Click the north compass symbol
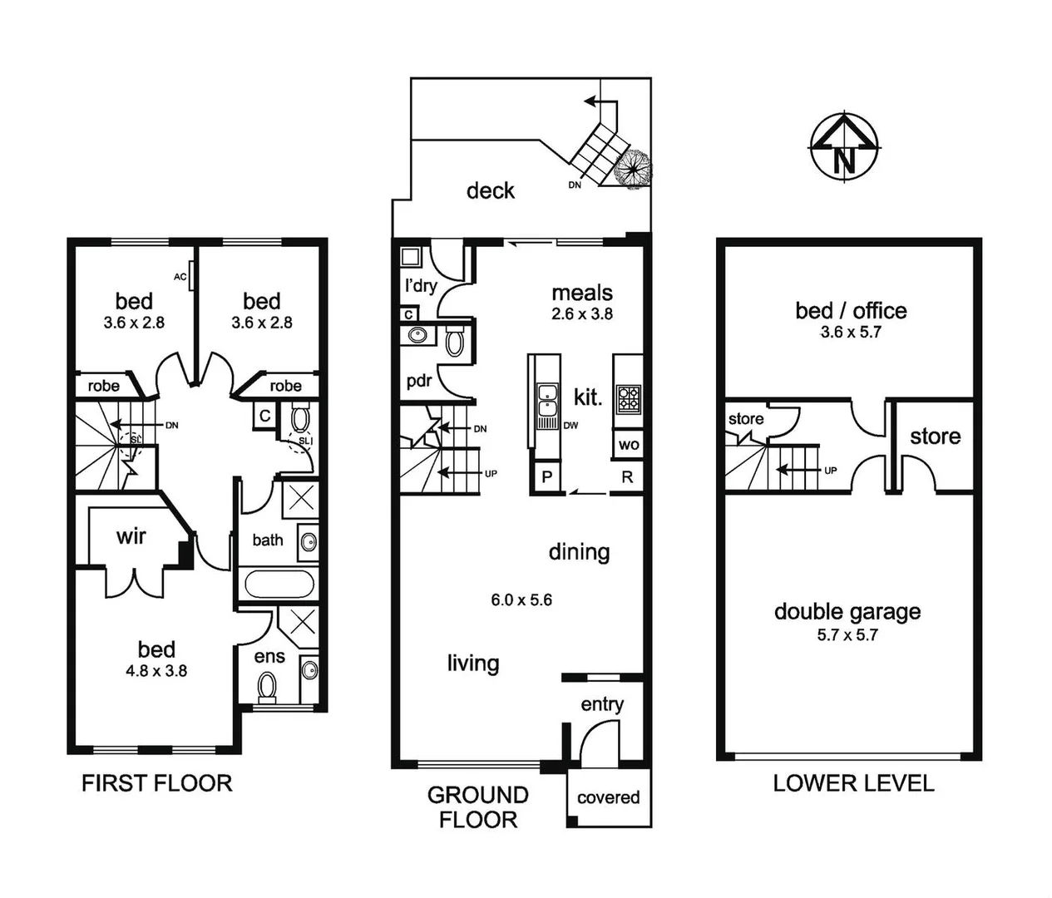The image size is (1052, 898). pos(844,146)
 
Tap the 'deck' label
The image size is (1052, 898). pos(490,191)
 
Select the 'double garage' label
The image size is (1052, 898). pos(847,612)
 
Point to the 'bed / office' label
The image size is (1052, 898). pos(851,311)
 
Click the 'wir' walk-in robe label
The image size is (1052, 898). pos(131,536)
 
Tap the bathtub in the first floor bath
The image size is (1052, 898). pos(279,584)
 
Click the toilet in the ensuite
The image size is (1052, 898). pos(268,688)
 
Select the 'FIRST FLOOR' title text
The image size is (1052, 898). pos(156,783)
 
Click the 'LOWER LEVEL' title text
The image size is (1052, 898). pos(853,783)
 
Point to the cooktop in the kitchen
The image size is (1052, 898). pos(629,399)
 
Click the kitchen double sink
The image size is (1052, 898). pos(546,401)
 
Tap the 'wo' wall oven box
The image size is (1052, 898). pos(629,445)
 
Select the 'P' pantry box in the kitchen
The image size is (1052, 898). pos(546,477)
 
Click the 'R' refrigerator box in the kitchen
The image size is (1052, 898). pos(627,477)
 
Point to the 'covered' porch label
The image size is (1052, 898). pos(608,797)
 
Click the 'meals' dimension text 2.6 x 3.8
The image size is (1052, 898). pos(582,314)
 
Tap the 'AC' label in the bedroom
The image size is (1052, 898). pos(180,277)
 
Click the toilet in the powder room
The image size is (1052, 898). pos(455,341)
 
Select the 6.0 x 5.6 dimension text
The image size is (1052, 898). pos(521,599)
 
